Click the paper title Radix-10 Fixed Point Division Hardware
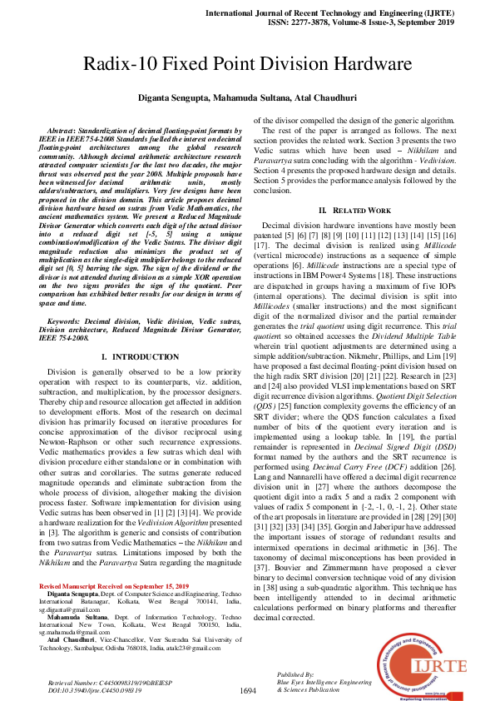pyautogui.click(x=247, y=64)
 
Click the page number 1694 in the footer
pyautogui.click(x=247, y=690)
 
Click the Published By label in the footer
pyautogui.click(x=296, y=674)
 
